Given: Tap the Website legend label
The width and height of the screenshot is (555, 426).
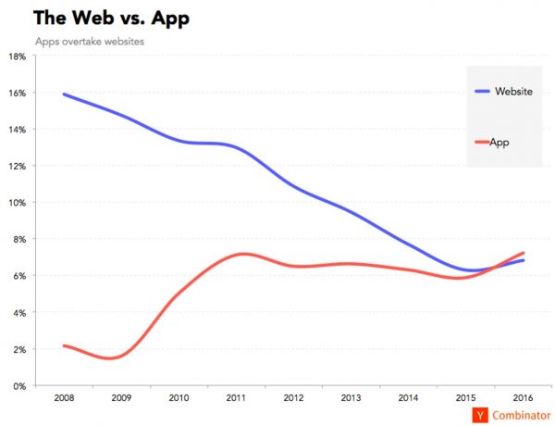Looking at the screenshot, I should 513,91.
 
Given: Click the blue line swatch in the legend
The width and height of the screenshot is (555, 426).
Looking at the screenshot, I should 482,91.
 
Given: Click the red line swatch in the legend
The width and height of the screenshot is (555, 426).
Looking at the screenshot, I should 482,142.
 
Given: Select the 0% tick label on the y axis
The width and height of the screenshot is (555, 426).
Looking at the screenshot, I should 18,386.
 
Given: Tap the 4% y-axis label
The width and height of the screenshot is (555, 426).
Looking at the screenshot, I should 18,313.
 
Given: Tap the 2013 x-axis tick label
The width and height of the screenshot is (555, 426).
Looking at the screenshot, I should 351,398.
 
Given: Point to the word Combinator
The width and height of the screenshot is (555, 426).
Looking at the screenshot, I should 520,416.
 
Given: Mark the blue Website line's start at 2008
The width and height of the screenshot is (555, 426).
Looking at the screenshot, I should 62,94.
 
